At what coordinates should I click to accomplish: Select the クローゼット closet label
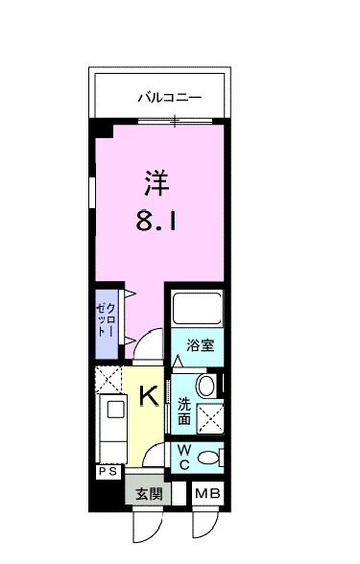(106, 317)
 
